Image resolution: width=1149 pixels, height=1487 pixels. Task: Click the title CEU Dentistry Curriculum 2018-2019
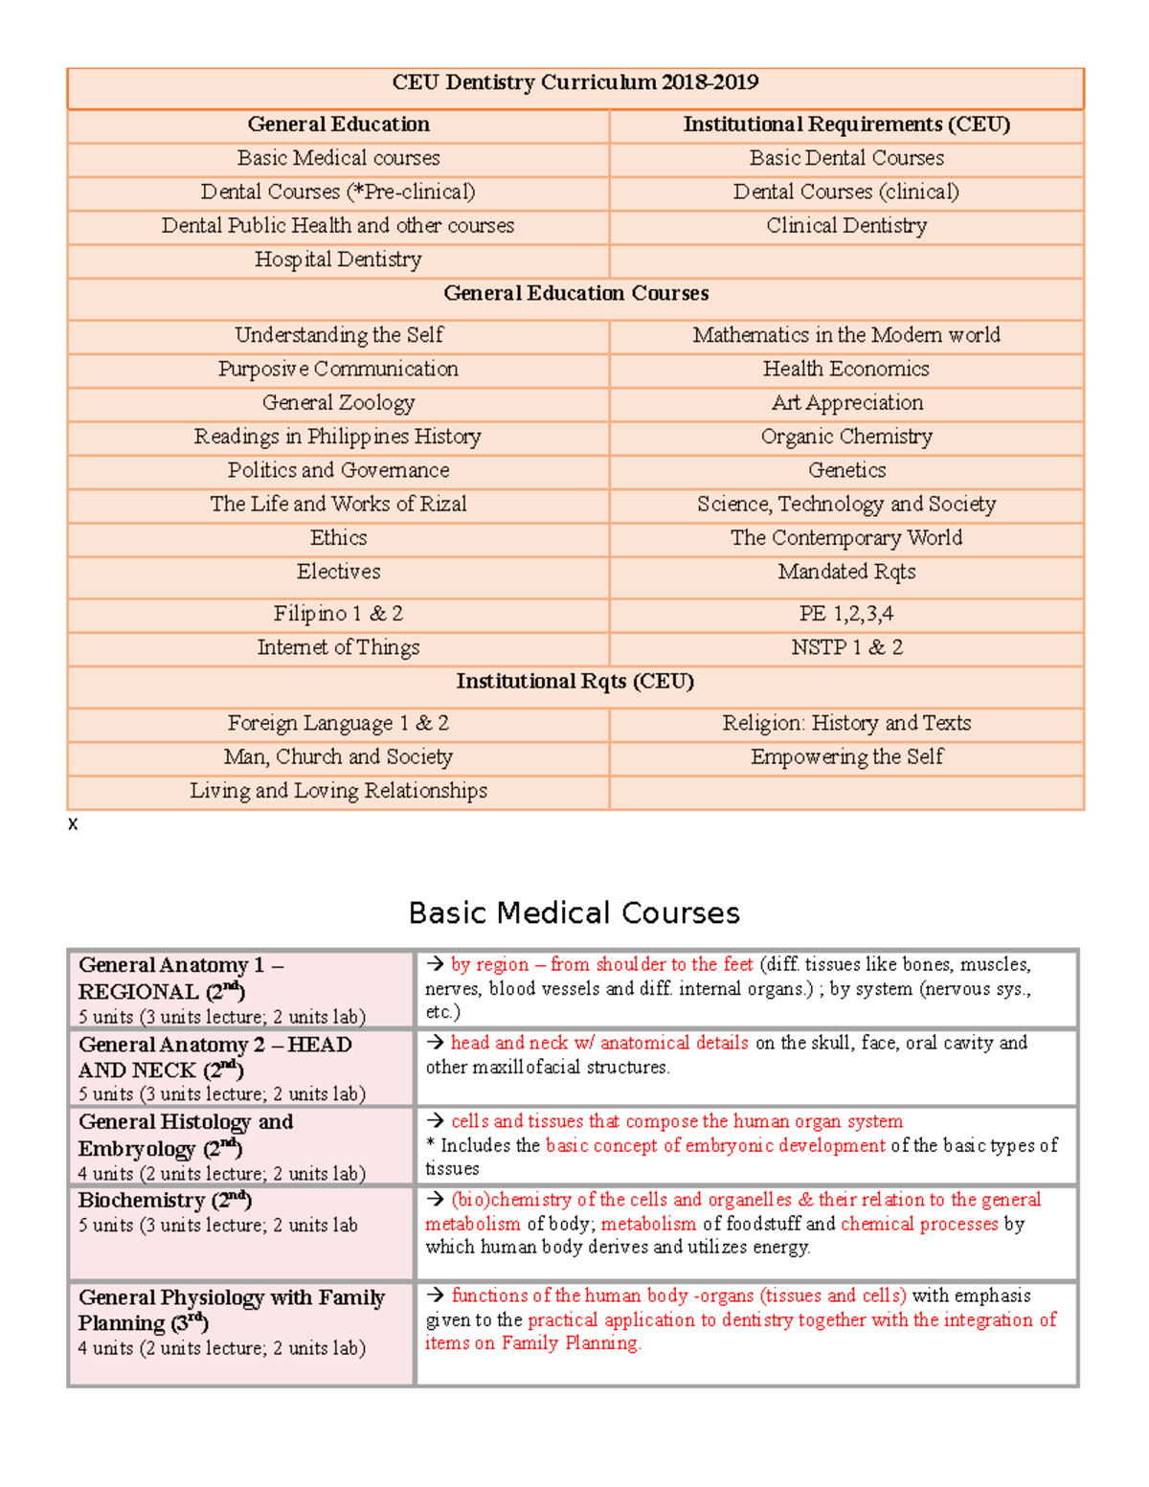pos(574,83)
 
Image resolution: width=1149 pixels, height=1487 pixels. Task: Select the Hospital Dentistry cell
pos(338,260)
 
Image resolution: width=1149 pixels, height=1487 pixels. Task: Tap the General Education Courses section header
pos(575,294)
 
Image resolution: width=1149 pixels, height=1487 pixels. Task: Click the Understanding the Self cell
pos(338,335)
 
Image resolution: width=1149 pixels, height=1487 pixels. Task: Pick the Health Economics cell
pos(845,370)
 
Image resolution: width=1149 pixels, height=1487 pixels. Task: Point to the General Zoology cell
pos(338,403)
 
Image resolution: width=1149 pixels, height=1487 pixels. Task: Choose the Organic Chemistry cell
pos(845,438)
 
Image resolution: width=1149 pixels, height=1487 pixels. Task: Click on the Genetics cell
pos(846,471)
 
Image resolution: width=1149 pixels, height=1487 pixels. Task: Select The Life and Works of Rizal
pos(338,505)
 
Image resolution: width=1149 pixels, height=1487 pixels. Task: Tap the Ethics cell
pos(338,538)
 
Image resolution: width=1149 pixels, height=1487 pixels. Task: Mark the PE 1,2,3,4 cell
pos(845,614)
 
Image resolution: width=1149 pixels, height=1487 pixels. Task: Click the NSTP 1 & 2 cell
pos(846,648)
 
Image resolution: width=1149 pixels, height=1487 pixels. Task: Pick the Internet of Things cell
pos(338,648)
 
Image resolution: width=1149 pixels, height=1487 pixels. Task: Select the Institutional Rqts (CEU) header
pos(574,682)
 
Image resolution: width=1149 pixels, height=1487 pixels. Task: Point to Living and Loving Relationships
pos(338,791)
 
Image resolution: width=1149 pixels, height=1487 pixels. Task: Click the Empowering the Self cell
pos(846,757)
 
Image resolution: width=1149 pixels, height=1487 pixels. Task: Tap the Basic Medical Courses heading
pos(574,913)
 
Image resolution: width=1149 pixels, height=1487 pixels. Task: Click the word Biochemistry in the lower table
pos(142,1201)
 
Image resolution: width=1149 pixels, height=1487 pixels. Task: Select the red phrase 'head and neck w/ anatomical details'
pos(599,1043)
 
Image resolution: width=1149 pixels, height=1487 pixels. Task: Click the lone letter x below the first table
pos(73,824)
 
